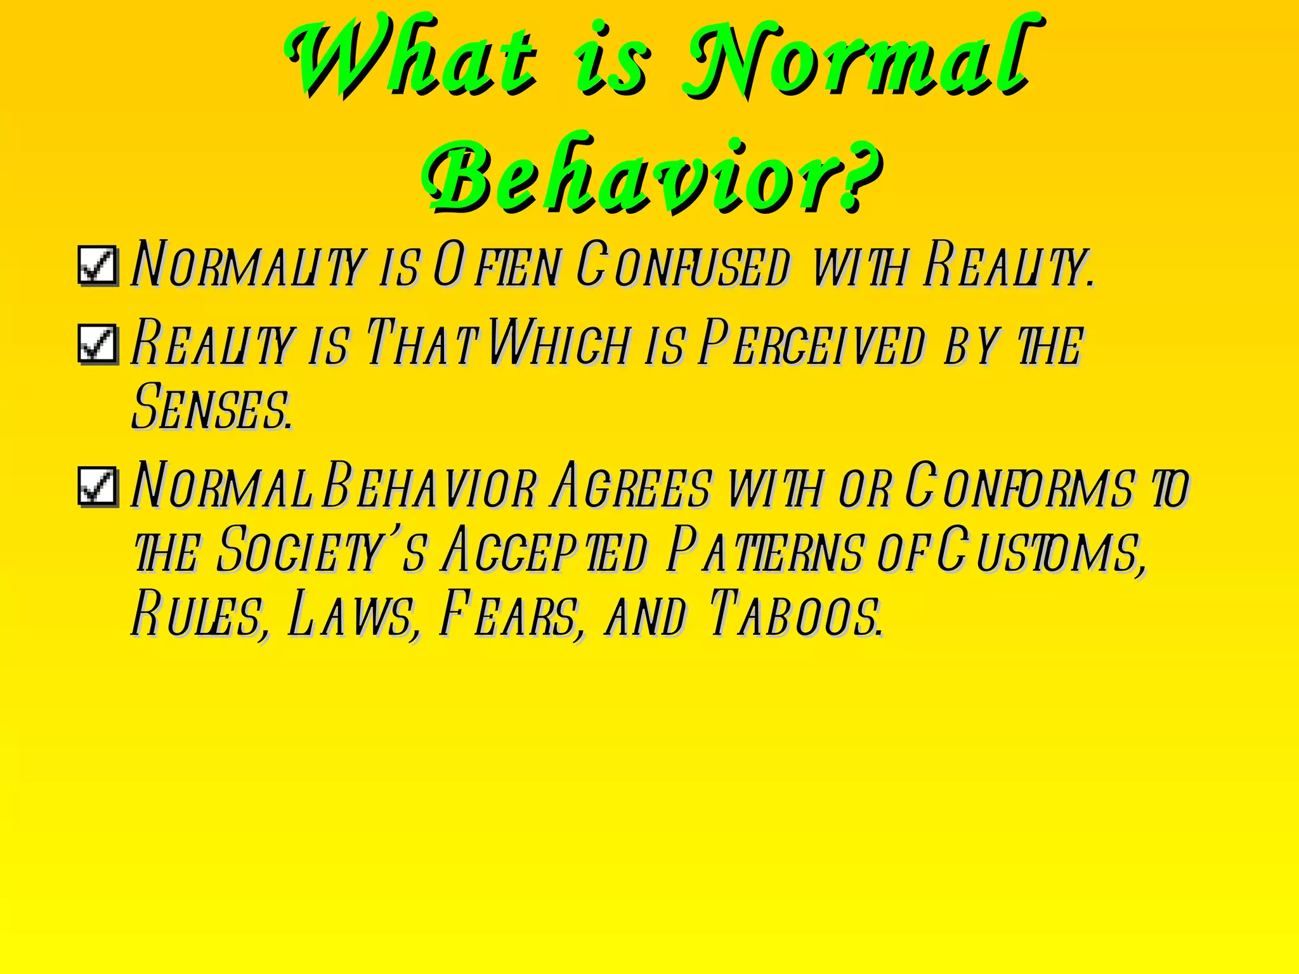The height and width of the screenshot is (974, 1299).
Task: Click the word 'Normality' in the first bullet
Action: [248, 265]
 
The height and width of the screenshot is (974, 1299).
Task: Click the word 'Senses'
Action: [212, 407]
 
